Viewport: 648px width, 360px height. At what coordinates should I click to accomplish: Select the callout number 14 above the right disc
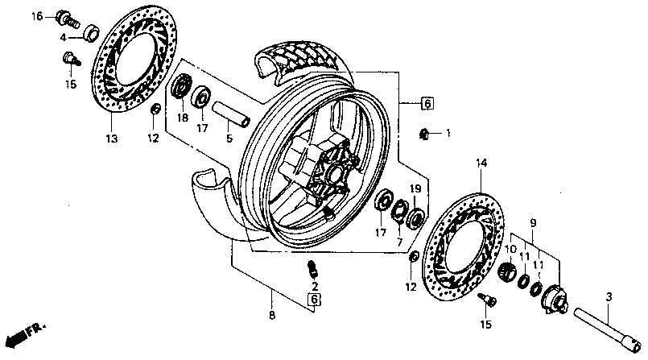click(x=481, y=163)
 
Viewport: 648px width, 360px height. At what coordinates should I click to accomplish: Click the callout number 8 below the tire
click(x=271, y=315)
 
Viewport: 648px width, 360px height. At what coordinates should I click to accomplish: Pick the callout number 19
click(x=416, y=188)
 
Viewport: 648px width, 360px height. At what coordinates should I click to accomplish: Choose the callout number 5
click(x=229, y=139)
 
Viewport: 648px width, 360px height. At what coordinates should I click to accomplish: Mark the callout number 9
click(x=532, y=221)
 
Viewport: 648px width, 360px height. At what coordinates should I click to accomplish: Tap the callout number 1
click(x=449, y=132)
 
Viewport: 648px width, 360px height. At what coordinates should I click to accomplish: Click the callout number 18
click(x=183, y=118)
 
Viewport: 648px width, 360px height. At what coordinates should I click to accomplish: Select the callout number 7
click(x=398, y=242)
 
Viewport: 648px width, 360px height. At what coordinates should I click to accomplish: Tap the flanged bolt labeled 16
click(x=66, y=16)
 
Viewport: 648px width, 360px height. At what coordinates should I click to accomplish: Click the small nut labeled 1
click(x=425, y=132)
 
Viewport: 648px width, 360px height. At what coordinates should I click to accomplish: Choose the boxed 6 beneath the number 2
click(x=315, y=300)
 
